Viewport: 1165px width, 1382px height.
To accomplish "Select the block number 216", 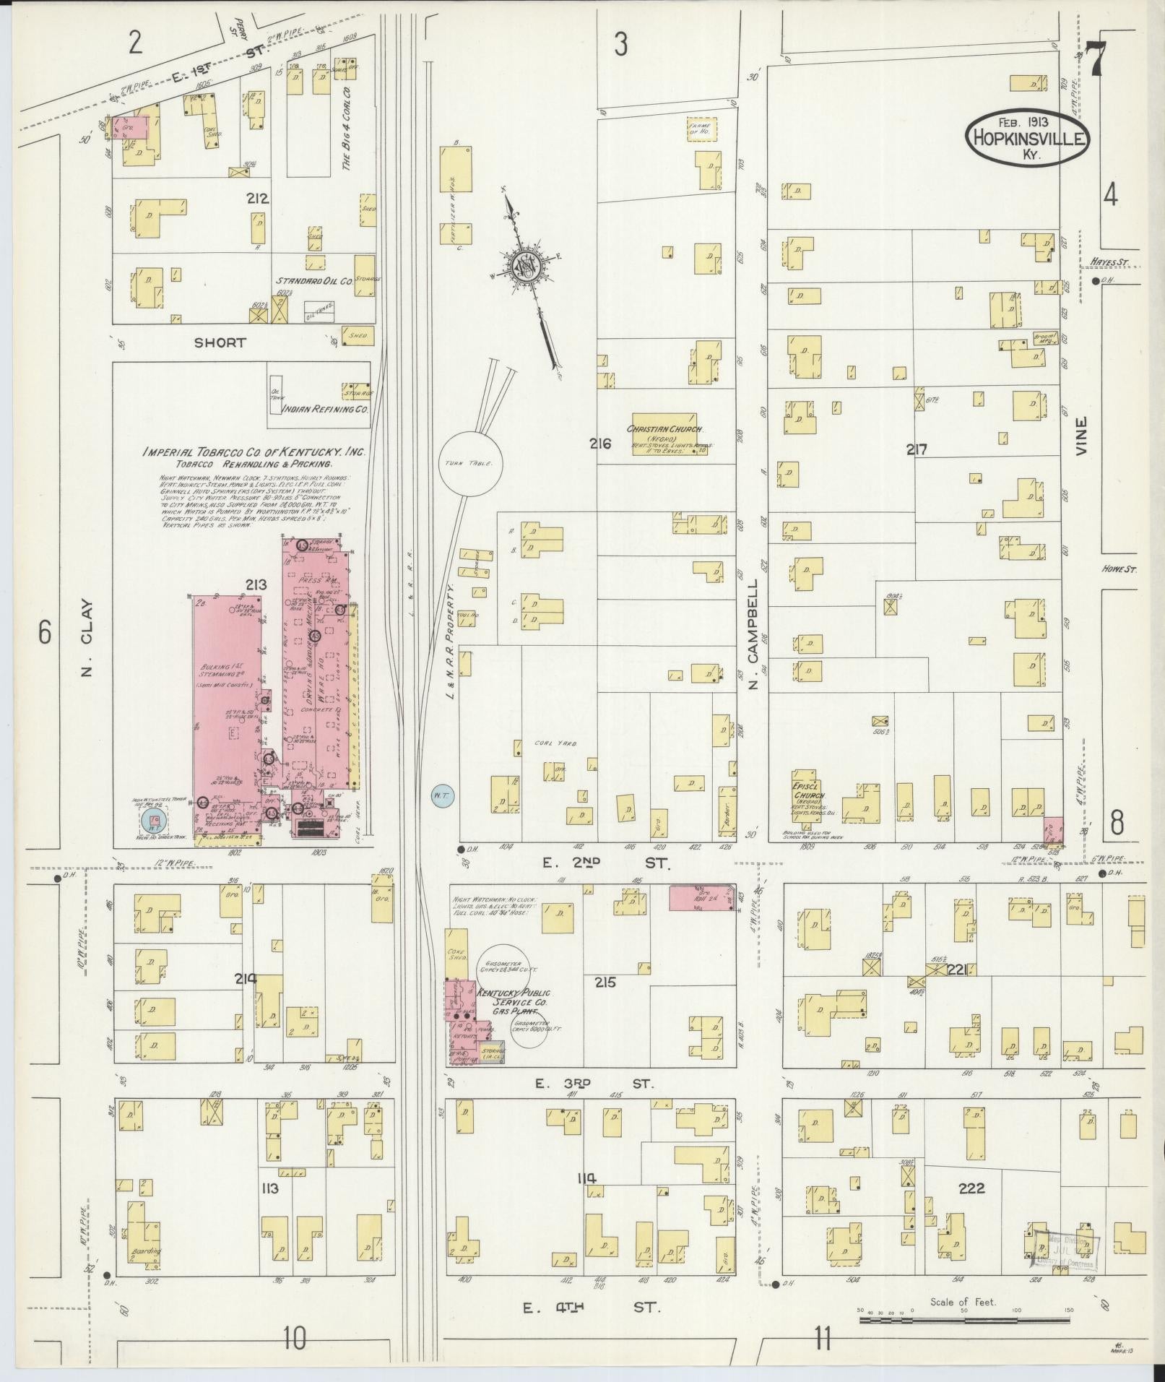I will click(x=600, y=444).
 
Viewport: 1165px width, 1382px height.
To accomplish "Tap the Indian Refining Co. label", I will click(x=325, y=408).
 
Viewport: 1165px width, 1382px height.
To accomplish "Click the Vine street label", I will click(x=1080, y=436).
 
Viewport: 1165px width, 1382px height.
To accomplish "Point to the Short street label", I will click(x=220, y=342).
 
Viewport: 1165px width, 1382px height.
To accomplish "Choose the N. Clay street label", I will click(x=87, y=638).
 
